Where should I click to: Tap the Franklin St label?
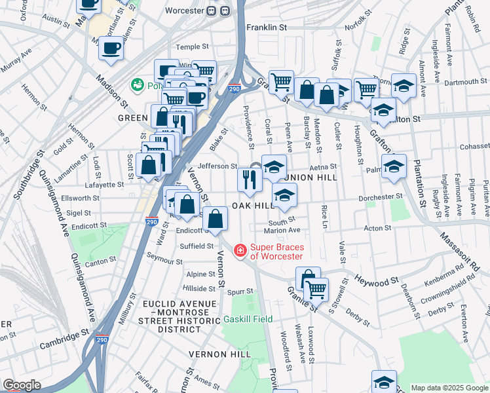pyautogui.click(x=267, y=28)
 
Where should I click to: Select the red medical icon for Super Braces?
pyautogui.click(x=240, y=250)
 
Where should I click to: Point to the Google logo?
pyautogui.click(x=21, y=385)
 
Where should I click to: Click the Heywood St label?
pyautogui.click(x=377, y=280)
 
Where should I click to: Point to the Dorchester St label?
pyautogui.click(x=380, y=196)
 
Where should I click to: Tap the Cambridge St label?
pyautogui.click(x=64, y=334)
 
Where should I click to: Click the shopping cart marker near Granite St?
pyautogui.click(x=316, y=288)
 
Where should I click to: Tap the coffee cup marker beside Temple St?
pyautogui.click(x=111, y=48)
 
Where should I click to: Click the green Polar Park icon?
pyautogui.click(x=138, y=84)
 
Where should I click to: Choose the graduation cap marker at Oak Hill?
pyautogui.click(x=284, y=195)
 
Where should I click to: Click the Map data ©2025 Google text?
pyautogui.click(x=449, y=388)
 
